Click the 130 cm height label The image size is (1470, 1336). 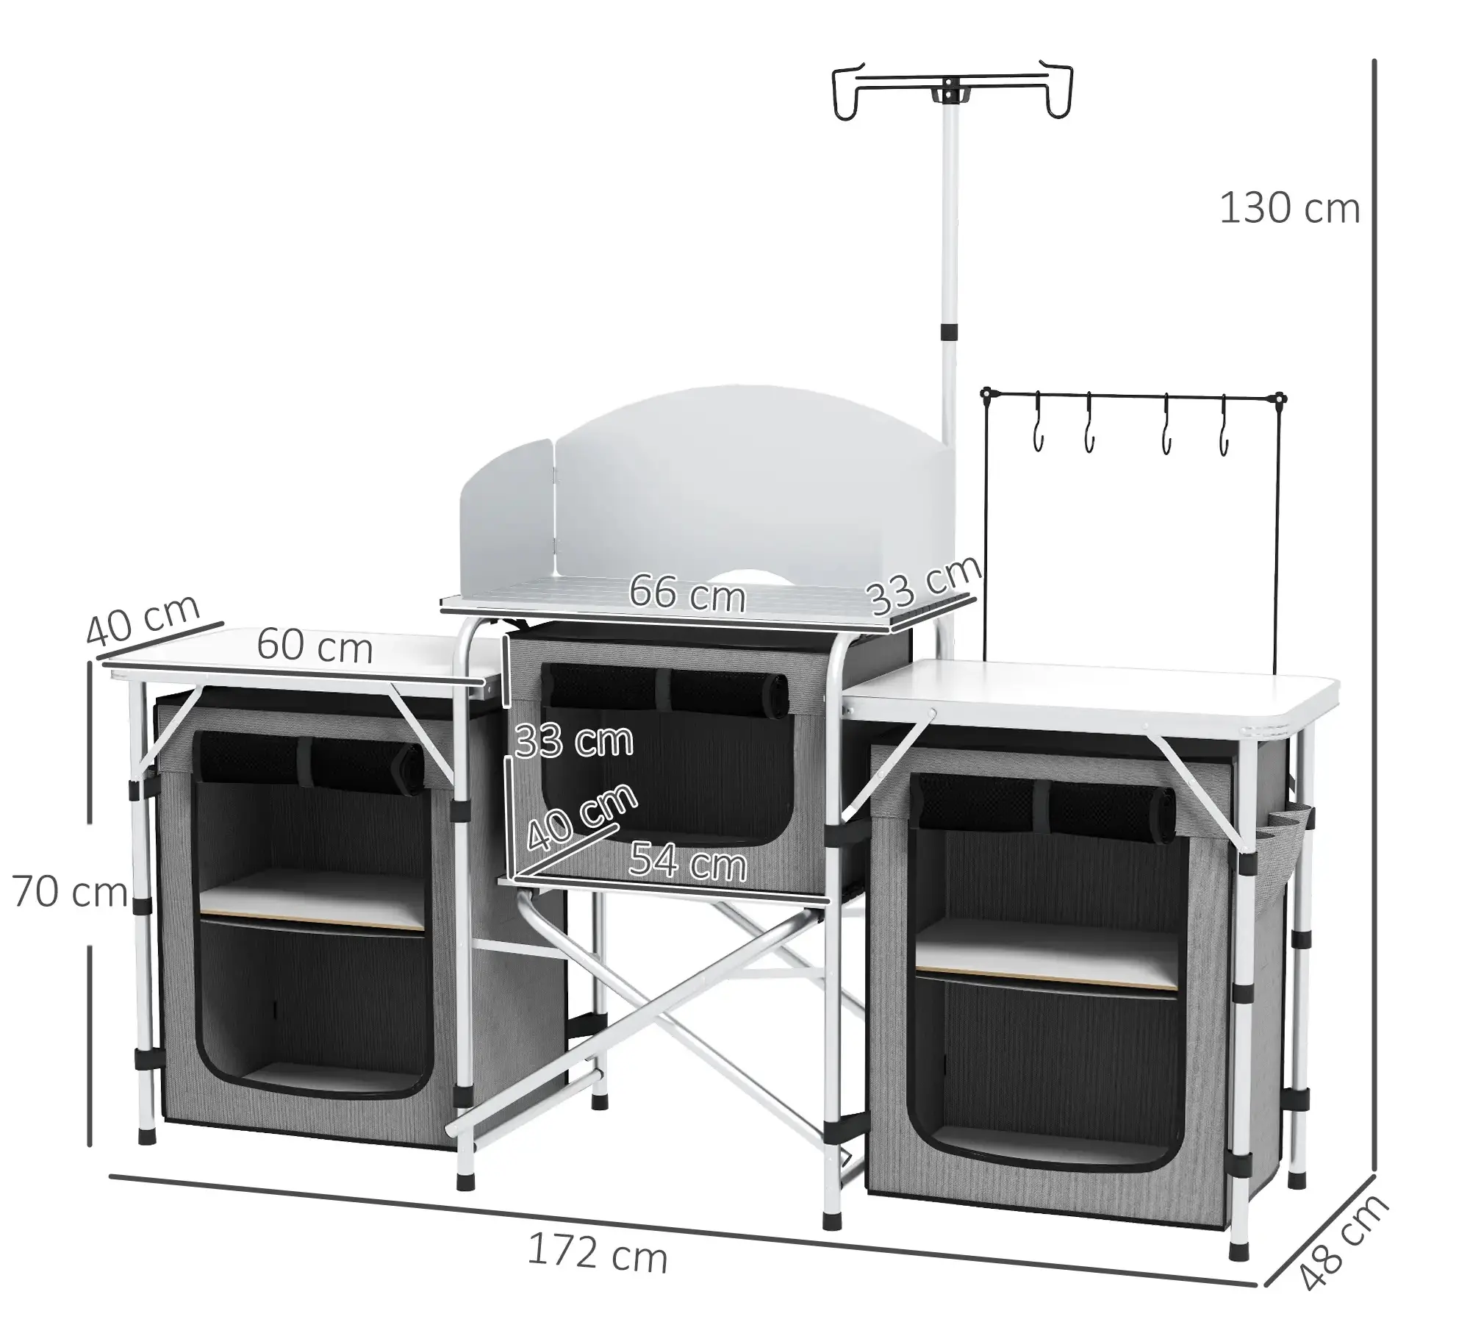(x=1289, y=208)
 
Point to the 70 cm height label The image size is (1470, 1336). (x=71, y=893)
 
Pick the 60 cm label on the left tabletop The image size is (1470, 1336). (x=315, y=646)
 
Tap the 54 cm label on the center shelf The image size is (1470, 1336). (x=688, y=861)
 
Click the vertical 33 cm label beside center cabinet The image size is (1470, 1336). (x=574, y=740)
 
